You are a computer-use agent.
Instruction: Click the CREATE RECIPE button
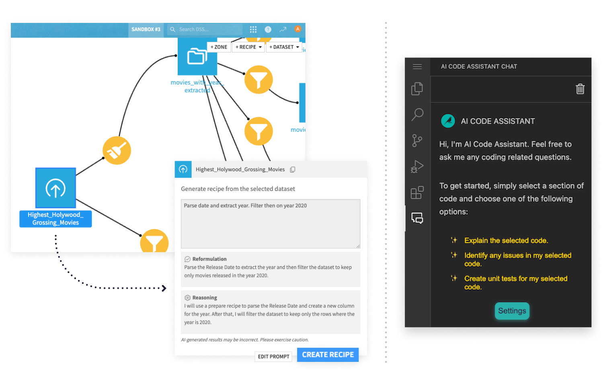pyautogui.click(x=328, y=355)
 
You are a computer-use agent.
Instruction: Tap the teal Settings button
pyautogui.click(x=512, y=311)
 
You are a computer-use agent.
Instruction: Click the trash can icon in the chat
pyautogui.click(x=580, y=89)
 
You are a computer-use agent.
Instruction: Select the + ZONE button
pyautogui.click(x=219, y=47)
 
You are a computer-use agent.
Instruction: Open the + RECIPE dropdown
pyautogui.click(x=248, y=47)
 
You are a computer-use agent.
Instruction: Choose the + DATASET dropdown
pyautogui.click(x=284, y=47)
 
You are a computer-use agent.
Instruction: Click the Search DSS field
pyautogui.click(x=205, y=29)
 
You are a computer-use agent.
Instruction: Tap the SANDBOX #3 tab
pyautogui.click(x=146, y=29)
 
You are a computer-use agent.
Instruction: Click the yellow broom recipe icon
pyautogui.click(x=117, y=150)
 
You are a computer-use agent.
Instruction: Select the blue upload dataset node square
pyautogui.click(x=55, y=188)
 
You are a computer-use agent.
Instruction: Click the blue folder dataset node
pyautogui.click(x=197, y=57)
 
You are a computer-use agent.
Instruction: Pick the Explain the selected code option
pyautogui.click(x=506, y=240)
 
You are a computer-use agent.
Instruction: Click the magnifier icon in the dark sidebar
pyautogui.click(x=417, y=115)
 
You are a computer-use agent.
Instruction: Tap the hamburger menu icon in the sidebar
pyautogui.click(x=417, y=67)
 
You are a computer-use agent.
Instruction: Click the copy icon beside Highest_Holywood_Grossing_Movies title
pyautogui.click(x=293, y=170)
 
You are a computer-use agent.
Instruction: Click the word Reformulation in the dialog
pyautogui.click(x=209, y=259)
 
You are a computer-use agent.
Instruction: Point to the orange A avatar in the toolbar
pyautogui.click(x=297, y=29)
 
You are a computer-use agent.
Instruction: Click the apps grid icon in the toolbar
pyautogui.click(x=253, y=29)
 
